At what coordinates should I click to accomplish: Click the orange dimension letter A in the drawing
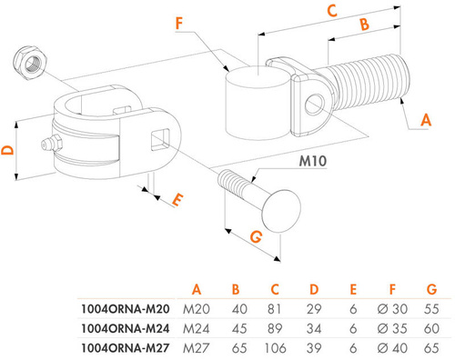(x=425, y=117)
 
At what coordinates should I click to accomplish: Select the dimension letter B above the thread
(x=362, y=27)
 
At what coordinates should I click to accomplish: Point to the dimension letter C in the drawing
(x=332, y=11)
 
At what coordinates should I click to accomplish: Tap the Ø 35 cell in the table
(x=387, y=329)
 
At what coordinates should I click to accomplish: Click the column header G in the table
(x=431, y=290)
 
